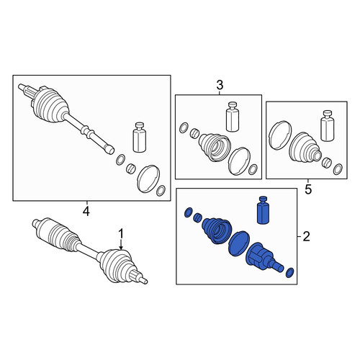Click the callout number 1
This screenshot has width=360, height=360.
click(121, 234)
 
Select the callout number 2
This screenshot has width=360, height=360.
click(306, 237)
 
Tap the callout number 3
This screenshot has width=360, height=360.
click(220, 85)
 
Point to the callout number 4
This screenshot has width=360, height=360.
click(86, 211)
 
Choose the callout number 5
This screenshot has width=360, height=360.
click(308, 189)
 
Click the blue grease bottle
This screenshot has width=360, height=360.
click(263, 210)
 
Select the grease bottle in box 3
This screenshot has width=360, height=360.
click(233, 117)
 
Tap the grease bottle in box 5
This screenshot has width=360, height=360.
click(328, 125)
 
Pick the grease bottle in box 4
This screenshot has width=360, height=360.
click(140, 137)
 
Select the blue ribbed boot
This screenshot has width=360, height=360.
click(217, 230)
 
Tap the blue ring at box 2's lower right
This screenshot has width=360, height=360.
click(290, 273)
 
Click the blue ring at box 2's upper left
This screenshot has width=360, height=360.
click(189, 212)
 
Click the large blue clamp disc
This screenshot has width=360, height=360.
click(239, 244)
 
